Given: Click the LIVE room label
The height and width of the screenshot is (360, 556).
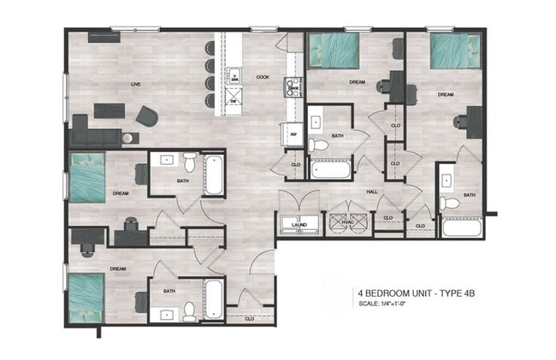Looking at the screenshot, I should [x=135, y=85].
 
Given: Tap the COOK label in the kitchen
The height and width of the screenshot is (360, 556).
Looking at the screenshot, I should [x=263, y=75].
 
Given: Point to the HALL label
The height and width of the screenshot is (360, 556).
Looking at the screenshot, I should [x=372, y=192].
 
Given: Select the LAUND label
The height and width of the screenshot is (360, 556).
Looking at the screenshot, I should [x=299, y=225].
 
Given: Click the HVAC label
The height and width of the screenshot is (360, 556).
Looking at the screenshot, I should [x=346, y=225].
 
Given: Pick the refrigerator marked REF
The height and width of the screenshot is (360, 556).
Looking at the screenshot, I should [x=293, y=133].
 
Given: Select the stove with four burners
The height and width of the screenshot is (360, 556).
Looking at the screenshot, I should [x=293, y=86].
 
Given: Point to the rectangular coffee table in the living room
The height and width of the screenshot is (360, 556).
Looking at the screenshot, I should [x=109, y=109].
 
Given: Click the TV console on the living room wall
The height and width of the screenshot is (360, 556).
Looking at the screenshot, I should [x=104, y=36].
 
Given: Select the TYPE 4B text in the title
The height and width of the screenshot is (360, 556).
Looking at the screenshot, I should [x=452, y=292].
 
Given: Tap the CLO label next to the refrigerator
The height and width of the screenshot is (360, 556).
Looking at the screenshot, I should [x=295, y=164].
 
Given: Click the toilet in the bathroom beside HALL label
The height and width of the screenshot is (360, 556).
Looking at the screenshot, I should [x=448, y=204].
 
